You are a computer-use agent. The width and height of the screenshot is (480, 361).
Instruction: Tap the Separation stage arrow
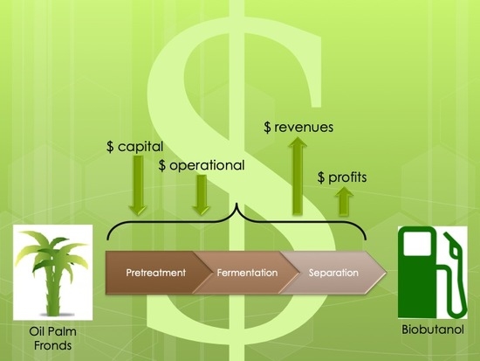tap(333, 273)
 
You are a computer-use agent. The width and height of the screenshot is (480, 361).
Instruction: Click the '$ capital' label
tap(134, 147)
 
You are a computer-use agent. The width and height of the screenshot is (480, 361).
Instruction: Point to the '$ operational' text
tap(202, 165)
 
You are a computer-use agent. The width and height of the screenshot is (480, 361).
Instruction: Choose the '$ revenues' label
tap(298, 127)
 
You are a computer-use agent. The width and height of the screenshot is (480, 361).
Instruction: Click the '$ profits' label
tap(342, 177)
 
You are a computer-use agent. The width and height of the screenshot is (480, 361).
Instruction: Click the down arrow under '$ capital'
tap(138, 185)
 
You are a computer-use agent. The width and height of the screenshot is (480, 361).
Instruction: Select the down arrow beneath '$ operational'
tap(201, 195)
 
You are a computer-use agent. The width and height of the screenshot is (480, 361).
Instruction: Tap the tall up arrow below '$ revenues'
tap(298, 176)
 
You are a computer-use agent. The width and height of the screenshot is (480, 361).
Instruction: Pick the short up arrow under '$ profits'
tap(344, 202)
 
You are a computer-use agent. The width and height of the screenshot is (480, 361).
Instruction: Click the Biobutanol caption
tap(433, 330)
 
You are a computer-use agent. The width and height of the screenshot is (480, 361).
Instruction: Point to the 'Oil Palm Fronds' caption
tap(52, 338)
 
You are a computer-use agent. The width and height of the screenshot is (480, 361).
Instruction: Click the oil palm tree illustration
tap(52, 273)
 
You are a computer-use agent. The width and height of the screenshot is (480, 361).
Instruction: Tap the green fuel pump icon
tap(433, 273)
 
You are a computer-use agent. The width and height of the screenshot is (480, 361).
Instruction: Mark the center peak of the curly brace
tap(236, 203)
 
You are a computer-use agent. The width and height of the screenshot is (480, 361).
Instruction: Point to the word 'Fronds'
tap(52, 345)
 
